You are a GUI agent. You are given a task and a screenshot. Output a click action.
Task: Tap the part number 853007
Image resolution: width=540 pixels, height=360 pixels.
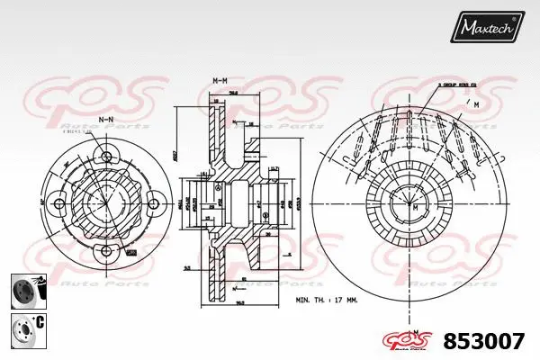(x=487, y=341)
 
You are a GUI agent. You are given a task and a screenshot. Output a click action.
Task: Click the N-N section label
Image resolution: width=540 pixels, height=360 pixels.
(x=105, y=119)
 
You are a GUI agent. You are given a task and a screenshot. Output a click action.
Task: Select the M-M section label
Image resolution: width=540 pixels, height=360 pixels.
(x=219, y=82)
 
